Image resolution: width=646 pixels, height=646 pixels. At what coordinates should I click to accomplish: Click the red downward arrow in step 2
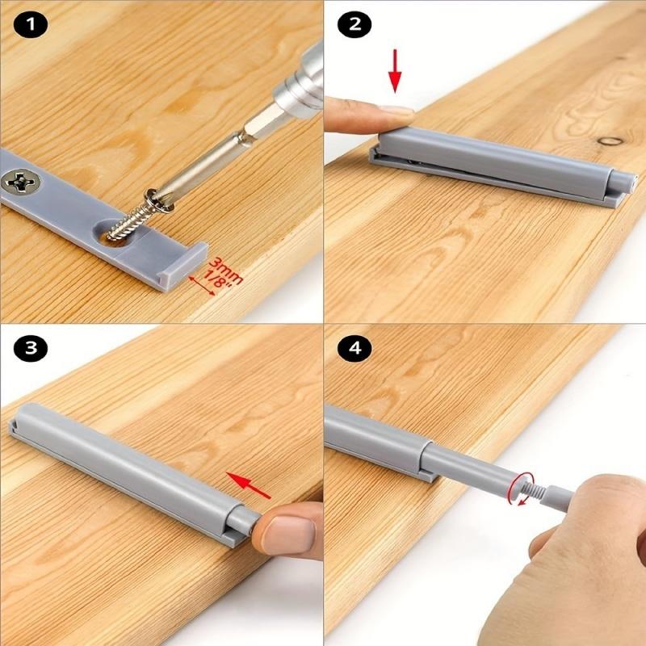[x=395, y=70]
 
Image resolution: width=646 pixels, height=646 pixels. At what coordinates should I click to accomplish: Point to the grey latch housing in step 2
[x=501, y=166]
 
